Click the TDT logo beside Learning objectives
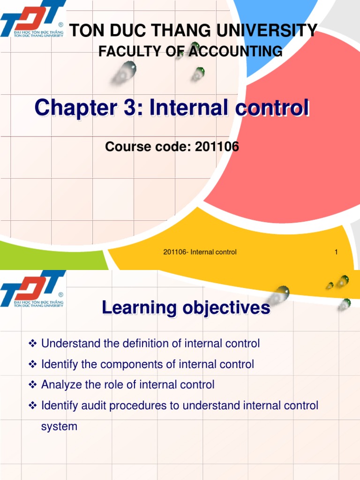(x=32, y=290)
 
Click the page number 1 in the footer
(x=336, y=252)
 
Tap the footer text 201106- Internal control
(x=200, y=252)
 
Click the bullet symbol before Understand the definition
(x=33, y=344)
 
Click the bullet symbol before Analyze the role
(x=33, y=385)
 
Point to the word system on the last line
(x=59, y=427)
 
